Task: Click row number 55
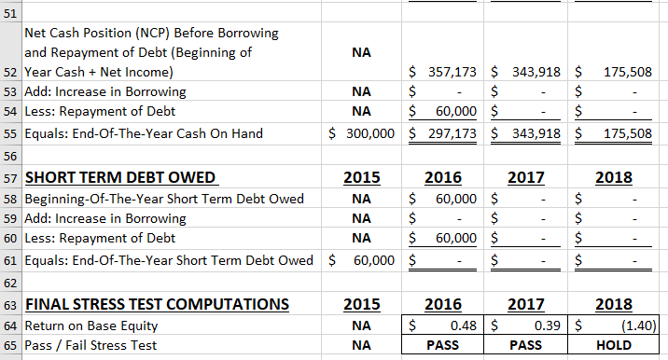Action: [x=10, y=133]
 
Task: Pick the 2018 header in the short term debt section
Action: [x=611, y=178]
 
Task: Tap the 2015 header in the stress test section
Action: [x=361, y=305]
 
